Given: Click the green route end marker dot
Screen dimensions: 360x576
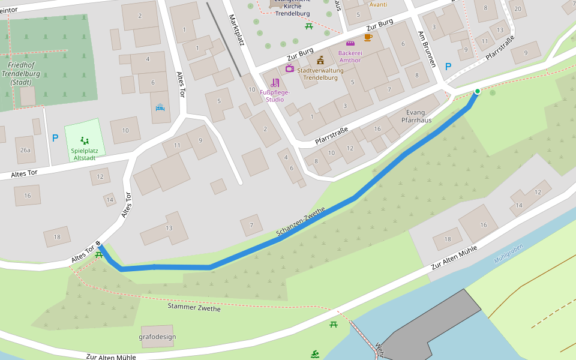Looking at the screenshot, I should pyautogui.click(x=478, y=91).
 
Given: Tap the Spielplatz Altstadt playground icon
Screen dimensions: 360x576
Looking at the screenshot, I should pyautogui.click(x=85, y=140).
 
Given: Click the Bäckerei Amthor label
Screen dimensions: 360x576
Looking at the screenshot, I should pyautogui.click(x=350, y=56).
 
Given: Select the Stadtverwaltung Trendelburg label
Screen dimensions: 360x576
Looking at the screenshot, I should pyautogui.click(x=320, y=74).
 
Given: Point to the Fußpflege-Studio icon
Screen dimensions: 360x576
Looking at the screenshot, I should pyautogui.click(x=275, y=83).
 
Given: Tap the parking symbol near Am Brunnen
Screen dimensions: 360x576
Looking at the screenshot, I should pyautogui.click(x=447, y=67).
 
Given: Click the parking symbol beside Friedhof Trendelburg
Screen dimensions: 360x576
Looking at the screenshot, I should pyautogui.click(x=55, y=138).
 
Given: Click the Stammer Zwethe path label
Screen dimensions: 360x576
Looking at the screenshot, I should pyautogui.click(x=194, y=308).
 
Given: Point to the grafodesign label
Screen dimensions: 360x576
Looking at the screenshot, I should pyautogui.click(x=157, y=337).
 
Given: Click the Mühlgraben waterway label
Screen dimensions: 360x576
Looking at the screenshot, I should pyautogui.click(x=508, y=253).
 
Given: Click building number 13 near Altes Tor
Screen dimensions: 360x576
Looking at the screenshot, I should pyautogui.click(x=169, y=228).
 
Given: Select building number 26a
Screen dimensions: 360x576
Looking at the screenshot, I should pyautogui.click(x=25, y=150).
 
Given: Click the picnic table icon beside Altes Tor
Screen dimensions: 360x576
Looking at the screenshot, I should pyautogui.click(x=98, y=254).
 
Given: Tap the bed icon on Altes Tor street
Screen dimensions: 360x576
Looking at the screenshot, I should pyautogui.click(x=160, y=108).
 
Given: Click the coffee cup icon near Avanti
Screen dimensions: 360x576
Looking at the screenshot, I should pyautogui.click(x=368, y=37).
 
